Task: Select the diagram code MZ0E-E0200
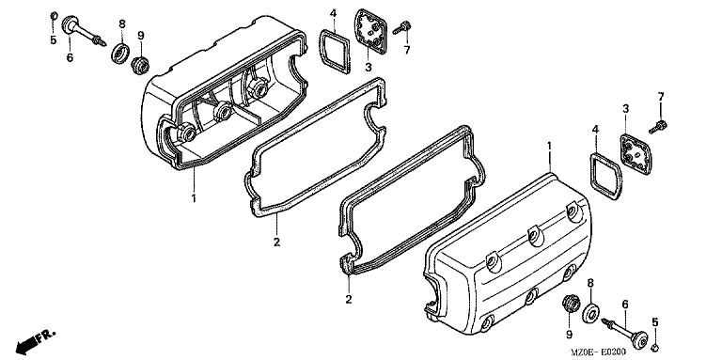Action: [598, 352]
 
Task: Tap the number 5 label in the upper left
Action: [54, 40]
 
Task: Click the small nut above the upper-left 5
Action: [54, 17]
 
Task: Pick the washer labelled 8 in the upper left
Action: [120, 54]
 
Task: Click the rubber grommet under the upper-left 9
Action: [140, 65]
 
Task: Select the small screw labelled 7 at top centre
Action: [402, 27]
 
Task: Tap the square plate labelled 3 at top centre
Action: [370, 31]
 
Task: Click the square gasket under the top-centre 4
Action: [335, 51]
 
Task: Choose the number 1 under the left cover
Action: [194, 199]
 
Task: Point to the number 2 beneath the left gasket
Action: [276, 242]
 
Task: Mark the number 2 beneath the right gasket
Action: [349, 299]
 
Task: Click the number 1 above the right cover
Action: [549, 146]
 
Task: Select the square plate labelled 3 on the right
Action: [636, 154]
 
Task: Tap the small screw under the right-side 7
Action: [658, 127]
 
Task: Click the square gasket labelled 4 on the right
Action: [606, 177]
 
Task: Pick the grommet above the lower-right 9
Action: [571, 305]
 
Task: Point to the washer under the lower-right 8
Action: [590, 314]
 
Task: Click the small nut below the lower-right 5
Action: [655, 347]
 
